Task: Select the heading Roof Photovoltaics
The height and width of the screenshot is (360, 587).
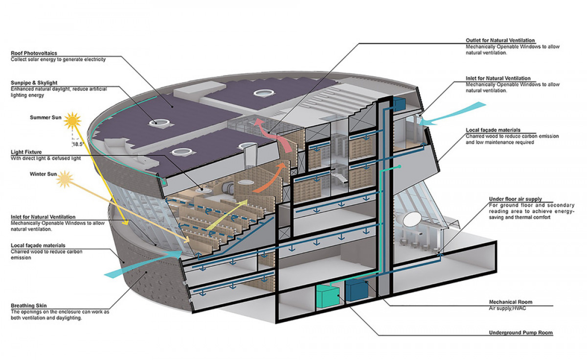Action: click(x=33, y=53)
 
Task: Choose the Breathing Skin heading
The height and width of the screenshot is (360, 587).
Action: click(x=28, y=306)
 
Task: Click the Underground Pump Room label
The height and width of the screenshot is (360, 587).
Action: click(x=520, y=333)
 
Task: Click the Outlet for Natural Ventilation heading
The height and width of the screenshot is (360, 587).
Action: click(x=500, y=40)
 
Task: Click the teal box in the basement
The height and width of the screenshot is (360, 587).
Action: click(x=327, y=295)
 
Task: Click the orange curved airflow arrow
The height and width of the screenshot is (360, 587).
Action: click(x=273, y=172)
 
